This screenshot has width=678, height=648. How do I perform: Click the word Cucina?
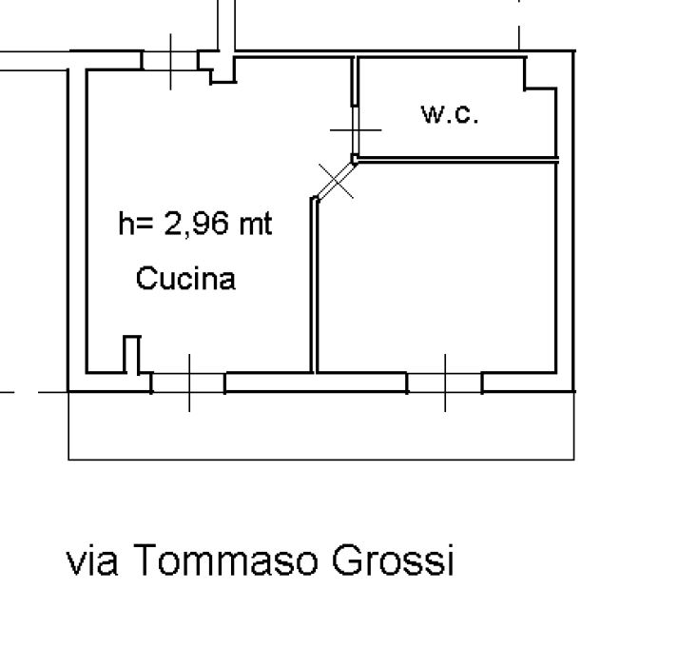pyautogui.click(x=185, y=278)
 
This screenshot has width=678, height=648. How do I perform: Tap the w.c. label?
pyautogui.click(x=450, y=114)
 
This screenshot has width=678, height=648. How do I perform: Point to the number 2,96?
pyautogui.click(x=196, y=224)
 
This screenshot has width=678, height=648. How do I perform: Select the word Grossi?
pyautogui.click(x=393, y=560)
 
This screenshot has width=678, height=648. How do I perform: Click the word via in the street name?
pyautogui.click(x=91, y=561)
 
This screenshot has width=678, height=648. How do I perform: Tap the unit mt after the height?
pyautogui.click(x=256, y=224)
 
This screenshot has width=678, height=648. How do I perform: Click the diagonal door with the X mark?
pyautogui.click(x=336, y=181)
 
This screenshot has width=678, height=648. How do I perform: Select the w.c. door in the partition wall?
pyautogui.click(x=355, y=129)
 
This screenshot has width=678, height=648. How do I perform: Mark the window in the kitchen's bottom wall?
pyautogui.click(x=188, y=383)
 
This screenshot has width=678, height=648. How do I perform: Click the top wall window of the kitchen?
pyautogui.click(x=170, y=61)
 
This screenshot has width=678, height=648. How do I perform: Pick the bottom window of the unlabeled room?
pyautogui.click(x=445, y=383)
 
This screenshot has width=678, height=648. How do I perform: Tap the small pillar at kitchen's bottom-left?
pyautogui.click(x=132, y=354)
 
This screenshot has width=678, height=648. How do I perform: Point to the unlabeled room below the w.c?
pyautogui.click(x=436, y=267)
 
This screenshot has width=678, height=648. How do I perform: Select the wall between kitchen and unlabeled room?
pyautogui.click(x=314, y=285)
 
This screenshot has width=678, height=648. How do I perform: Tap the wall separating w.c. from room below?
pyautogui.click(x=456, y=160)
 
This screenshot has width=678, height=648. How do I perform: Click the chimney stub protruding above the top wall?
pyautogui.click(x=226, y=26)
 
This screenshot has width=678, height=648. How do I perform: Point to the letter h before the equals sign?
pyautogui.click(x=126, y=224)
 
